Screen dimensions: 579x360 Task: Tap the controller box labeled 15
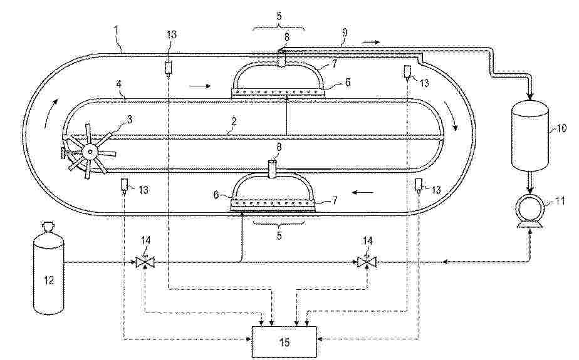pos(284,342)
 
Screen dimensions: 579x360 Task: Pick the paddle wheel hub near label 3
pos(90,151)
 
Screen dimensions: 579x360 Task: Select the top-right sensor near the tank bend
pos(407,72)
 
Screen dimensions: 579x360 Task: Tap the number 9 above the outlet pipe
pos(345,32)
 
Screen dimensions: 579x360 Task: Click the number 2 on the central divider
pos(233,121)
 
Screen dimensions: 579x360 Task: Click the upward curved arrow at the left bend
pos(51,113)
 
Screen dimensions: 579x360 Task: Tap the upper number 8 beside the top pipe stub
pos(286,38)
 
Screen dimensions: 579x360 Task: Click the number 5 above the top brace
pos(279,16)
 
